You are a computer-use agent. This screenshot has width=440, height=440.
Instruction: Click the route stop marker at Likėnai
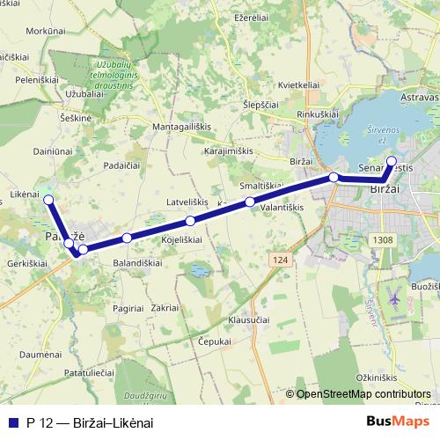coord(48,201)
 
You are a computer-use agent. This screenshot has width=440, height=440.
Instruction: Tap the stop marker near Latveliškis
coord(190,220)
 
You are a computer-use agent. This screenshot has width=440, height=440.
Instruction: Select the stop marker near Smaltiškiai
coord(250,202)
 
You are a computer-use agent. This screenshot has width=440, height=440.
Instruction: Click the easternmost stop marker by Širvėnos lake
coord(392,161)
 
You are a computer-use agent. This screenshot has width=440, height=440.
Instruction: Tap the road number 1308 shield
coord(382,239)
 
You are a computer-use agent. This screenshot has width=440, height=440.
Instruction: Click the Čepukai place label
coord(214,341)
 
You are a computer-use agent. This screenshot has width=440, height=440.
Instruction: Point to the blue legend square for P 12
coord(13,422)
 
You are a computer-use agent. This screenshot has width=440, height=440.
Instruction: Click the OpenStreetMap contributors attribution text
coord(363,394)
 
